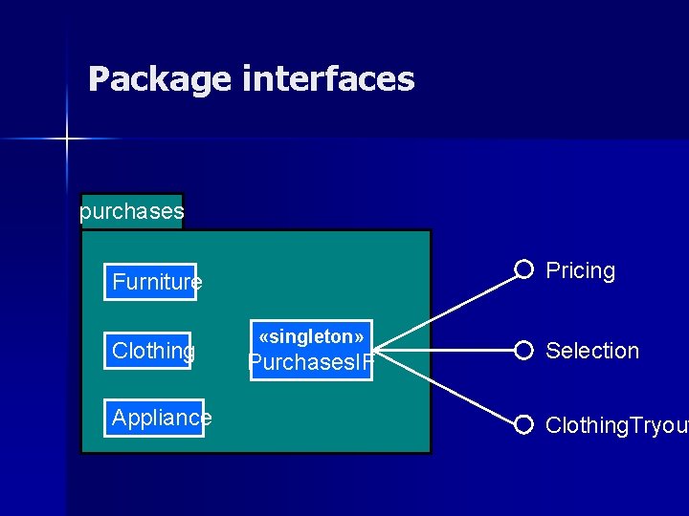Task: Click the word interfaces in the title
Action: pos(328,78)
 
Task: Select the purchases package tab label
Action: pos(131,211)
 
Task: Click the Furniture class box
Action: pos(150,282)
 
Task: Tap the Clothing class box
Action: pos(148,351)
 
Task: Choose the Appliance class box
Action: pos(154,418)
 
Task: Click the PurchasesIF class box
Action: pos(311,350)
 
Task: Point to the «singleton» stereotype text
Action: pos(311,336)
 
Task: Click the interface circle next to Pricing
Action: pos(523,269)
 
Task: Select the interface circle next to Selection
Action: pos(523,350)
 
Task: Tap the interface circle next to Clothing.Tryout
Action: pos(523,424)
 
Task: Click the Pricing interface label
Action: pos(580,270)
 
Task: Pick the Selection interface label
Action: pos(591,351)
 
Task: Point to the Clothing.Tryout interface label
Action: pos(615,425)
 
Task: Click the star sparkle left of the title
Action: pos(67,140)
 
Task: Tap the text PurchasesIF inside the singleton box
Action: pos(311,363)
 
